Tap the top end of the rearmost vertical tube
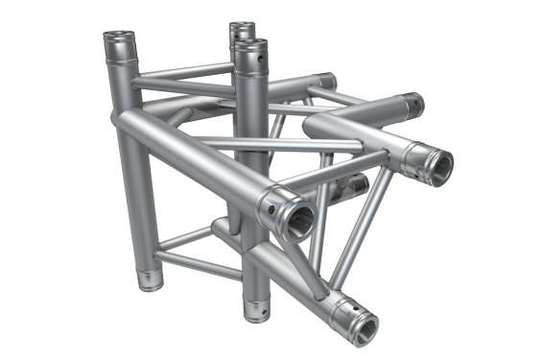[241, 28]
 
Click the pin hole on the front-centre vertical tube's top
[256, 66]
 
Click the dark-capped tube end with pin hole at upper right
[411, 104]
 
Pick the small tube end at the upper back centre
[326, 82]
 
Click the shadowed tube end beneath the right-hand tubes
[357, 184]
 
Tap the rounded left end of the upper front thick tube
[123, 121]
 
